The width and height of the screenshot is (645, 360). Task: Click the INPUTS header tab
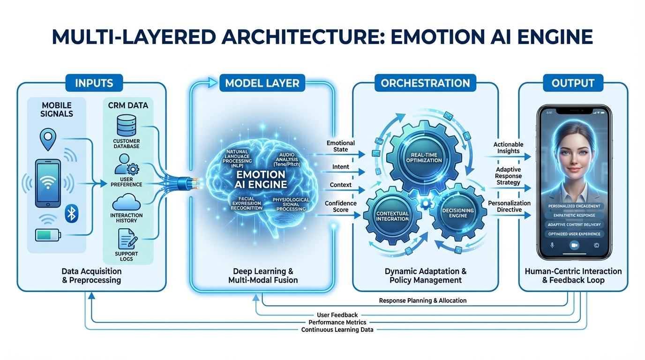pyautogui.click(x=94, y=83)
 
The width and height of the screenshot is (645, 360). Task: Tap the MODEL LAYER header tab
pyautogui.click(x=262, y=83)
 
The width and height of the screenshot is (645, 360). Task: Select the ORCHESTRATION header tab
pyautogui.click(x=425, y=83)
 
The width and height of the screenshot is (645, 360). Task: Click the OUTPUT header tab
pyautogui.click(x=573, y=83)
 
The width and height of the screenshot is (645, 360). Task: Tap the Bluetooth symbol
pyautogui.click(x=72, y=214)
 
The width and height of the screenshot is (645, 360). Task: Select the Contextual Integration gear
pyautogui.click(x=393, y=216)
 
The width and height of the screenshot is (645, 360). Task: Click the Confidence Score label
pyautogui.click(x=341, y=207)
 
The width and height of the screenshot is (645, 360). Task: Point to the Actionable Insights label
pyautogui.click(x=508, y=148)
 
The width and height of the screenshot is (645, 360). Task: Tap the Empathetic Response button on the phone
pyautogui.click(x=574, y=216)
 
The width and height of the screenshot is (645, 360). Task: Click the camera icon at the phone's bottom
pyautogui.click(x=573, y=245)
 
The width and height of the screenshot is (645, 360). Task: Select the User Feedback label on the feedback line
pyautogui.click(x=337, y=315)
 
